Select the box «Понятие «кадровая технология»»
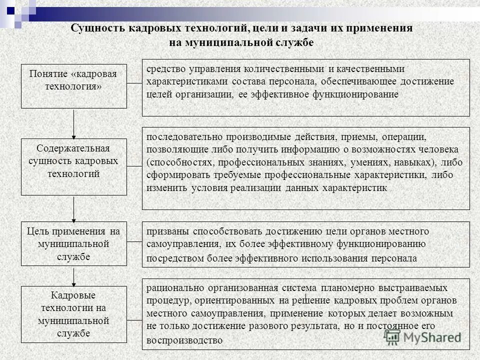click(74, 86)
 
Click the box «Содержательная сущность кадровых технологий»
click(74, 166)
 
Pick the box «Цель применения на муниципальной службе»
click(74, 243)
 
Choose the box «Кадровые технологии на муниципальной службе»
click(74, 314)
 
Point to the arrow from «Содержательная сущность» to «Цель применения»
click(74, 208)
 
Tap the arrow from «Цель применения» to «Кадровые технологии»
click(74, 276)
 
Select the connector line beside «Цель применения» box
click(134, 242)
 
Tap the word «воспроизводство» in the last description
click(184, 340)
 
